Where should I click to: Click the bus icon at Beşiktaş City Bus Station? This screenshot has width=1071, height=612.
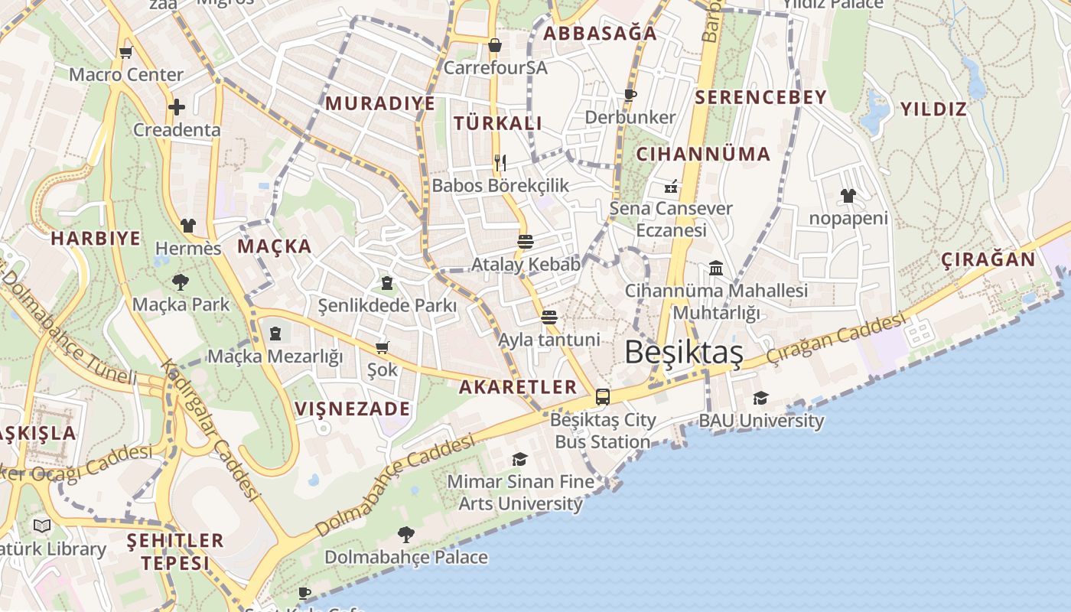click(x=603, y=397)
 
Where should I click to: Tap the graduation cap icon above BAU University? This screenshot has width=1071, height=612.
click(x=760, y=398)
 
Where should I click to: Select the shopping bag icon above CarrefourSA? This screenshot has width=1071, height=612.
click(x=495, y=45)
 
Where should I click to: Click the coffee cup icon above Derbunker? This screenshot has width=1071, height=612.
click(x=630, y=95)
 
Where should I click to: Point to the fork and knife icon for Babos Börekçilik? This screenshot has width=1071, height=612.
click(x=500, y=162)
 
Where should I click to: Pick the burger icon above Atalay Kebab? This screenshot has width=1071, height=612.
click(x=525, y=242)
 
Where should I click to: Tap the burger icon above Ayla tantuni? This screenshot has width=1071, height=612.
click(x=549, y=317)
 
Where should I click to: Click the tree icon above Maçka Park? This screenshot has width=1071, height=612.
click(x=181, y=282)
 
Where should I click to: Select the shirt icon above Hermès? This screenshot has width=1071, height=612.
click(x=188, y=226)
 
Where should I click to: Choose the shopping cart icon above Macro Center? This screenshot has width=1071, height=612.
click(x=125, y=53)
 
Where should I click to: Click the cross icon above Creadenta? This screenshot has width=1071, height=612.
click(x=177, y=107)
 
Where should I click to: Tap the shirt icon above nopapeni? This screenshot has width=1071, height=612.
click(x=848, y=196)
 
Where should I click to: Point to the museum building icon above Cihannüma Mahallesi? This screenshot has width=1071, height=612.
click(x=716, y=269)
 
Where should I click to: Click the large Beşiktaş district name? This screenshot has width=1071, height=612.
click(x=683, y=353)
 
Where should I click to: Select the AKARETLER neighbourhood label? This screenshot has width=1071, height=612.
click(x=518, y=386)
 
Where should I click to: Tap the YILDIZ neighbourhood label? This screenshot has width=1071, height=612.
click(x=933, y=109)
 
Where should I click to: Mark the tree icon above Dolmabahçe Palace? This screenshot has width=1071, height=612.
click(x=405, y=535)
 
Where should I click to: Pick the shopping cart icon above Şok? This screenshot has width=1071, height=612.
click(x=382, y=348)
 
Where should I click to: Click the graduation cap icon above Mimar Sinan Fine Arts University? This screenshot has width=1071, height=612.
click(x=520, y=459)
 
